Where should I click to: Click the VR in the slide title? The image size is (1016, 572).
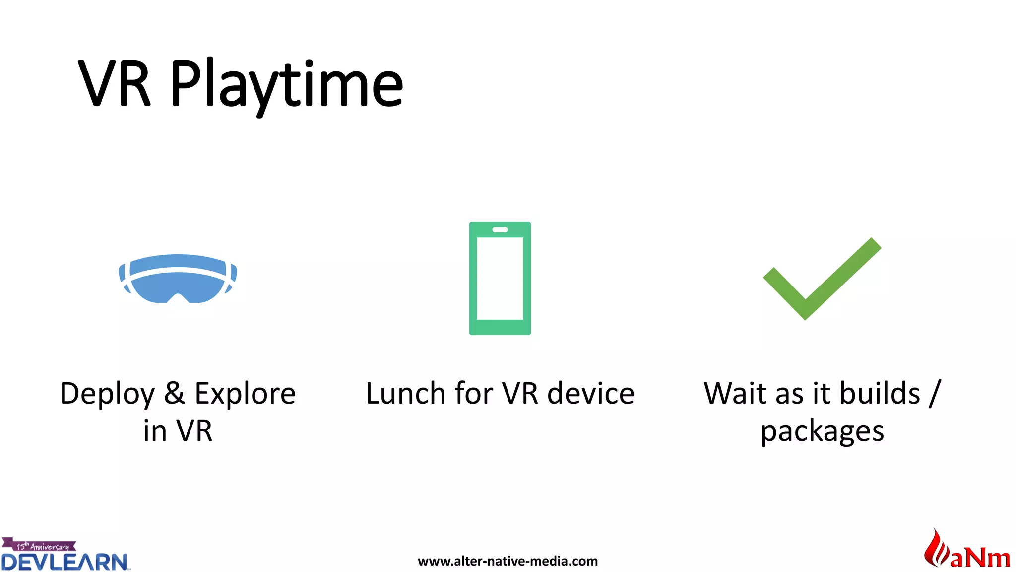pos(115,83)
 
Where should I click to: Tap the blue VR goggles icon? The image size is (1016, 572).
pos(178,279)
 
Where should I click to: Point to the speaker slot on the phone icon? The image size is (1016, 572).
pos(500,230)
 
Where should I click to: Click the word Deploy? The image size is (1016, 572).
pos(107,394)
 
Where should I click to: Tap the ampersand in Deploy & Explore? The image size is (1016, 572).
pos(175,393)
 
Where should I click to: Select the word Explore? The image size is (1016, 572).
pos(245,394)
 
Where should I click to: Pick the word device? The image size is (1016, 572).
pos(591,394)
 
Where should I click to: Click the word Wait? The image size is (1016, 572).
pos(735,393)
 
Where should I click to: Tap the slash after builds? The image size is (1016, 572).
pos(935,393)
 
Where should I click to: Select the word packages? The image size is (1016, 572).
pos(822,431)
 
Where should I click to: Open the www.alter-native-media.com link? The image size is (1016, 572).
pos(508,561)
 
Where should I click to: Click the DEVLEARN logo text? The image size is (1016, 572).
pos(64,562)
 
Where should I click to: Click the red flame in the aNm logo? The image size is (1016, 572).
pos(935,549)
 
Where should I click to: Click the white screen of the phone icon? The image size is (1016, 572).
pos(500,279)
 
